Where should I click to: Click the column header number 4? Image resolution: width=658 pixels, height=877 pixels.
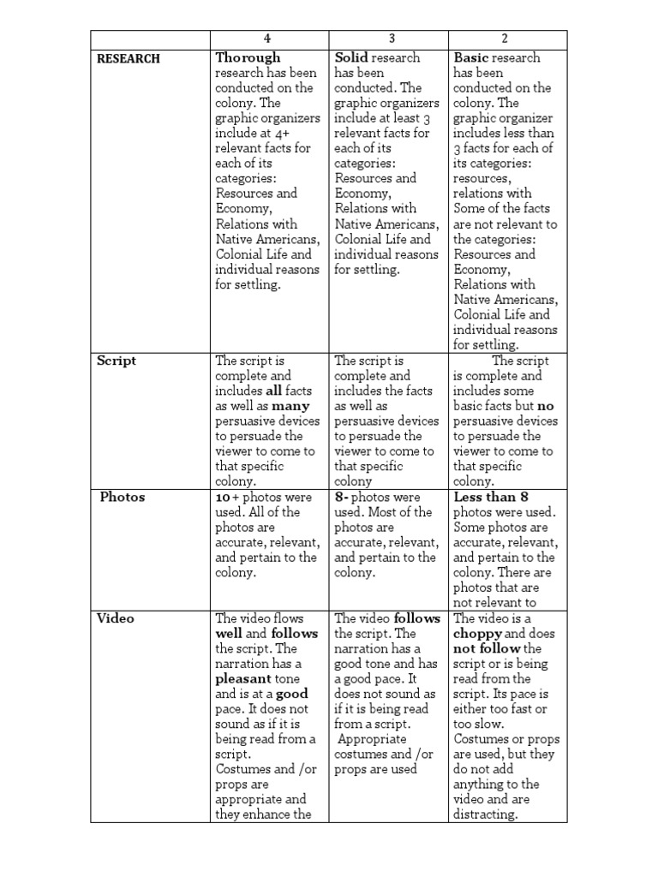point(268,39)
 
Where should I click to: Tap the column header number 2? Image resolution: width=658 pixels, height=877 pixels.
point(507,39)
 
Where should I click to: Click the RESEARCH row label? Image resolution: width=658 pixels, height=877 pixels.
point(128,59)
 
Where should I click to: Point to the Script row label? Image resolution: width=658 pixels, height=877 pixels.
point(117,361)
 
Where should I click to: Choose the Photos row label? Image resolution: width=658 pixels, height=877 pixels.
point(123,497)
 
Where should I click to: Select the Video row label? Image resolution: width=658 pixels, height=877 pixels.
point(116,617)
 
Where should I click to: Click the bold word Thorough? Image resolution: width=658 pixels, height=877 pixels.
point(248,58)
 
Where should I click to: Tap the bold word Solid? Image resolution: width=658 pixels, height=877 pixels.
point(350,58)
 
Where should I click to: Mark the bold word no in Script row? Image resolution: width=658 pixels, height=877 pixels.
point(546,406)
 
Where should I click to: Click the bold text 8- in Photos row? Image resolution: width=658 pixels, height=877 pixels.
point(344,497)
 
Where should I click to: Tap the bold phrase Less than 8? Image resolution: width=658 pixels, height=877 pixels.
point(491,497)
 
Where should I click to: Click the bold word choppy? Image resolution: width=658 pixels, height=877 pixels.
point(477,634)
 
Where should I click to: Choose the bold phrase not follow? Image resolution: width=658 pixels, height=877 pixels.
point(487,648)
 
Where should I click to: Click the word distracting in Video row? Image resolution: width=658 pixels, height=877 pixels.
point(486,814)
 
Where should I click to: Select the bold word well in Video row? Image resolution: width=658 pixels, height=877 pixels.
point(229,634)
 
